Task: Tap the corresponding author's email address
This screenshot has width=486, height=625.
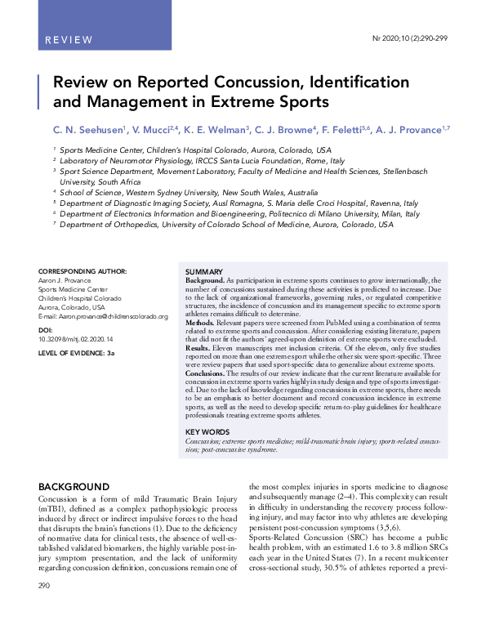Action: click(104, 316)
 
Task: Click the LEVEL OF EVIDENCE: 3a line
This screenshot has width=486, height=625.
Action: click(77, 352)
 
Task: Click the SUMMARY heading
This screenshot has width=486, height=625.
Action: click(204, 271)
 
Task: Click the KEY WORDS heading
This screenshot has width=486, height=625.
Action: click(207, 431)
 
